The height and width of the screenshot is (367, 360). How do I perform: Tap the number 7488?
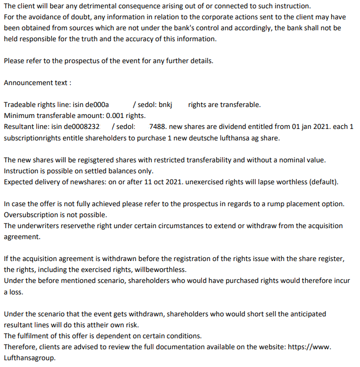tap(158, 126)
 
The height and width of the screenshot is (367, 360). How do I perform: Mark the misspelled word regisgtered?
tap(97, 160)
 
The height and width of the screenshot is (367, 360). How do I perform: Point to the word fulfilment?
tap(35, 336)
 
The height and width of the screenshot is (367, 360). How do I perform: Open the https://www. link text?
tap(310, 347)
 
